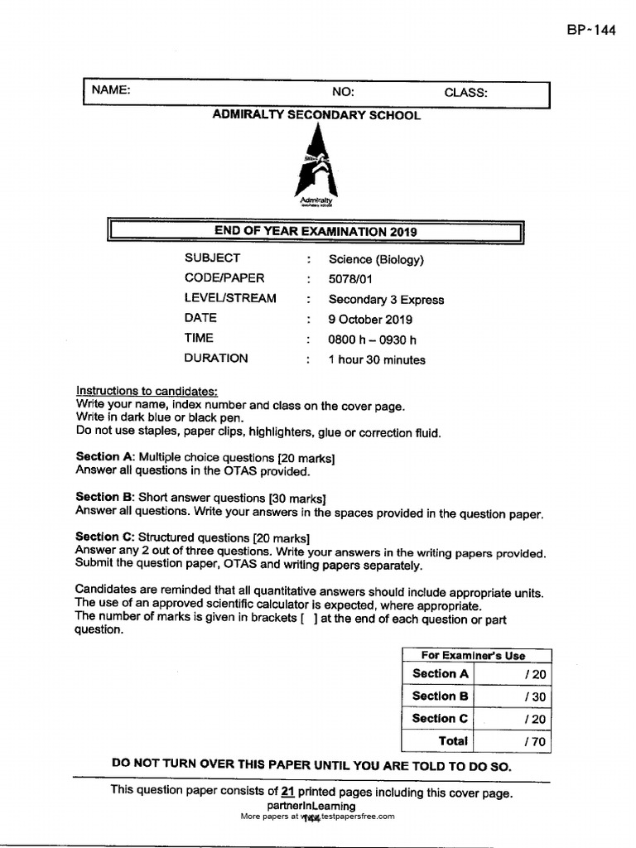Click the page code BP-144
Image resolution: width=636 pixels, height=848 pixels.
tap(591, 30)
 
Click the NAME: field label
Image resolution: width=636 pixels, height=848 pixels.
tap(111, 90)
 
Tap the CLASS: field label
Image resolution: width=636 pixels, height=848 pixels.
tap(465, 93)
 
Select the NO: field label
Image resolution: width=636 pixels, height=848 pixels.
tap(343, 92)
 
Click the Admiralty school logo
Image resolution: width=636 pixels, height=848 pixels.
tap(316, 171)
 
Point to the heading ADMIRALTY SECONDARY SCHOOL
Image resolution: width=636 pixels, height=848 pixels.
tap(316, 115)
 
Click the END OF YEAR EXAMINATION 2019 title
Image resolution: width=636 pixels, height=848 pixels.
tap(316, 231)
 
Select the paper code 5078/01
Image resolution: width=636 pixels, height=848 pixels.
tap(351, 279)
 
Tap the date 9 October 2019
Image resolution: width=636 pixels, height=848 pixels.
tap(370, 319)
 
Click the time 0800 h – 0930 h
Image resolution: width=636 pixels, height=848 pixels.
tap(372, 339)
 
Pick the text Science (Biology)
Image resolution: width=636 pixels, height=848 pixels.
tap(376, 259)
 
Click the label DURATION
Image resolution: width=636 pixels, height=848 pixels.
tap(216, 359)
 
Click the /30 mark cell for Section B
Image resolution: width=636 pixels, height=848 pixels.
tap(535, 696)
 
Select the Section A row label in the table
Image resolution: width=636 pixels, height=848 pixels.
tap(440, 674)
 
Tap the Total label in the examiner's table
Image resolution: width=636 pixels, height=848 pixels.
tap(453, 741)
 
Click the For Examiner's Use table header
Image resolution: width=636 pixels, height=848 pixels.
tap(473, 655)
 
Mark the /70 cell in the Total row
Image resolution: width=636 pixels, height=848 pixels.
tap(535, 742)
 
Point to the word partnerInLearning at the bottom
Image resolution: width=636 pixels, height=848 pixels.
tap(311, 805)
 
